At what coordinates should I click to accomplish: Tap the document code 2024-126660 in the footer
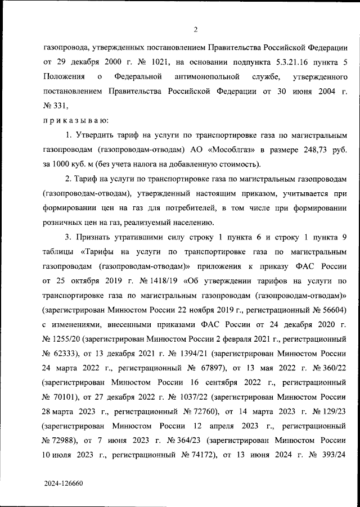tap(66, 482)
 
